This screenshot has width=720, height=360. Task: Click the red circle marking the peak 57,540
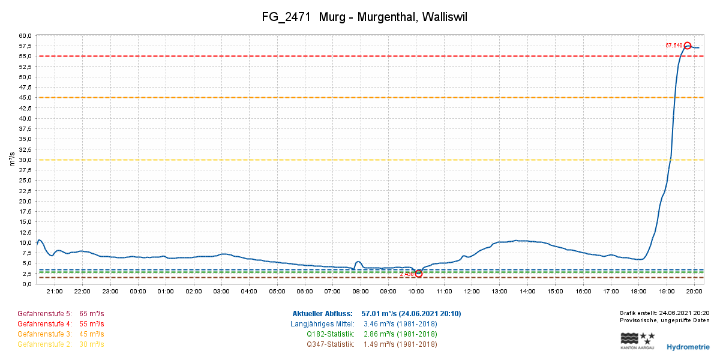click(688, 46)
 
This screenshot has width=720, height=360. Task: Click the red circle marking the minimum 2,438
click(419, 274)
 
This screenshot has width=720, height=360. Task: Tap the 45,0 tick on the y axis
click(26, 98)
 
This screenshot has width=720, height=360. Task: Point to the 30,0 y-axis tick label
click(26, 160)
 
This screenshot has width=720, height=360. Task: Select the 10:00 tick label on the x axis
click(416, 292)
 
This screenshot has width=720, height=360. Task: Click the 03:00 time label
click(221, 292)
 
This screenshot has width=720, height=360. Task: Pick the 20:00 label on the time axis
click(694, 292)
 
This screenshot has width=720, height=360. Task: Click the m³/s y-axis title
click(12, 160)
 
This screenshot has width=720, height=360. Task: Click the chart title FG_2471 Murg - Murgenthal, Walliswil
click(364, 17)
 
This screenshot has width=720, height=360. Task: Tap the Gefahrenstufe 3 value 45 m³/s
click(92, 334)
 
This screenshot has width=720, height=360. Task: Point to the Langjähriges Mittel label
click(323, 324)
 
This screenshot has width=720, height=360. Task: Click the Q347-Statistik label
click(330, 344)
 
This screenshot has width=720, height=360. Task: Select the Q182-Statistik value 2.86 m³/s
click(400, 334)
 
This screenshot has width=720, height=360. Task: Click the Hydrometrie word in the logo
click(688, 347)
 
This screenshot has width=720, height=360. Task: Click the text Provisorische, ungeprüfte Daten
click(664, 320)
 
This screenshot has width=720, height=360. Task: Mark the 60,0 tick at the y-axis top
click(26, 35)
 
